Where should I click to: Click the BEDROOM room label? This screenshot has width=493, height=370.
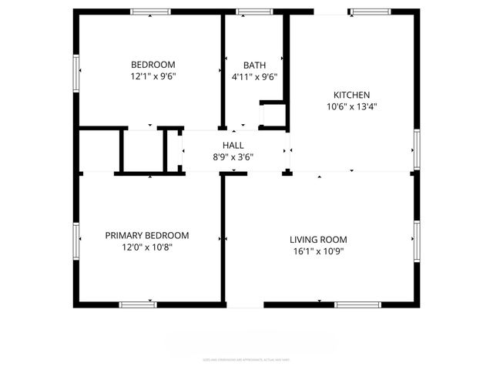point(153,65)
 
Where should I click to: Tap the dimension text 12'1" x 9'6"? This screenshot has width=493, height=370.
point(153,76)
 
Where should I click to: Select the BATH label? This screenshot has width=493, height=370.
point(254,65)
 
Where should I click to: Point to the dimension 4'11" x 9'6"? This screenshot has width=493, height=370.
point(254,76)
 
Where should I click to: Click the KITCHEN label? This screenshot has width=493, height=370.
point(351,95)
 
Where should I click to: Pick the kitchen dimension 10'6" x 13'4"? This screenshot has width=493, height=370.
point(351,107)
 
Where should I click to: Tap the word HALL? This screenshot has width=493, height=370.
point(233,145)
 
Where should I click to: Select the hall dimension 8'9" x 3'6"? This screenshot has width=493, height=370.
point(233,156)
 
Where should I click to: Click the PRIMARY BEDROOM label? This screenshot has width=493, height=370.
point(146,235)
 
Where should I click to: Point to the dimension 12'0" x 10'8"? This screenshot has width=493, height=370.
point(146,247)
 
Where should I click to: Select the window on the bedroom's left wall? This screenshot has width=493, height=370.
point(76,75)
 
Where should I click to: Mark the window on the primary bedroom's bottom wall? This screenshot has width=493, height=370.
point(139,305)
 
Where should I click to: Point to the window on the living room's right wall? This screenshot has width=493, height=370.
point(416,240)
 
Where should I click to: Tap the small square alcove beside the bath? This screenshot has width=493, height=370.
point(273,115)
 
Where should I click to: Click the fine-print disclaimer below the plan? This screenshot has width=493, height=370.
point(246,359)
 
